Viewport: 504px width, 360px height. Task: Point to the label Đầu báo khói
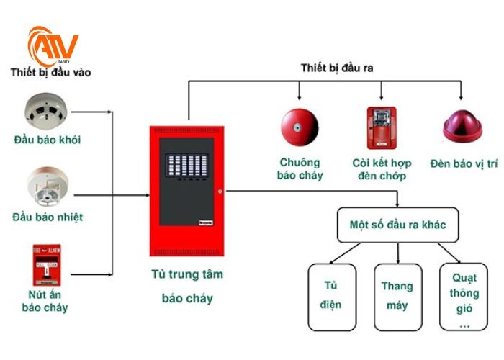point(46,140)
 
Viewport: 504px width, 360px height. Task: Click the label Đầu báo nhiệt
point(47,217)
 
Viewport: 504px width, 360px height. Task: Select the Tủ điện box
point(331,295)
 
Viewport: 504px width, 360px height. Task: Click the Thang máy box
point(397,295)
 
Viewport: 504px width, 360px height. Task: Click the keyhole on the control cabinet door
point(220,192)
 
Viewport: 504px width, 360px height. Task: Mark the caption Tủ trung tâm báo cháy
point(187,286)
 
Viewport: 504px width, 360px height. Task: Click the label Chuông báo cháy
point(301,169)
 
